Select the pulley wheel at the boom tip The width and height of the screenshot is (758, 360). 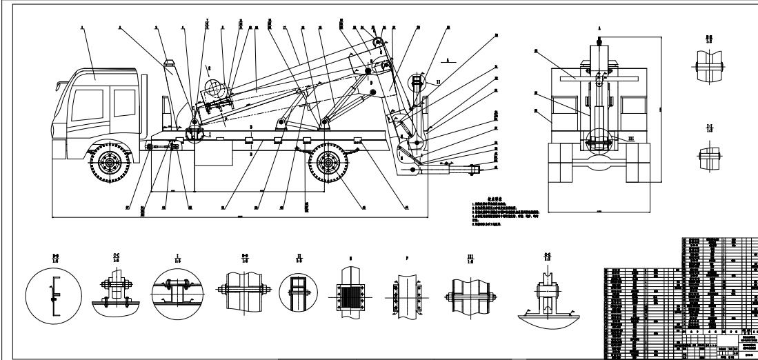point(377,47)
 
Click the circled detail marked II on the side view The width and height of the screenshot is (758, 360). point(417,84)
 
